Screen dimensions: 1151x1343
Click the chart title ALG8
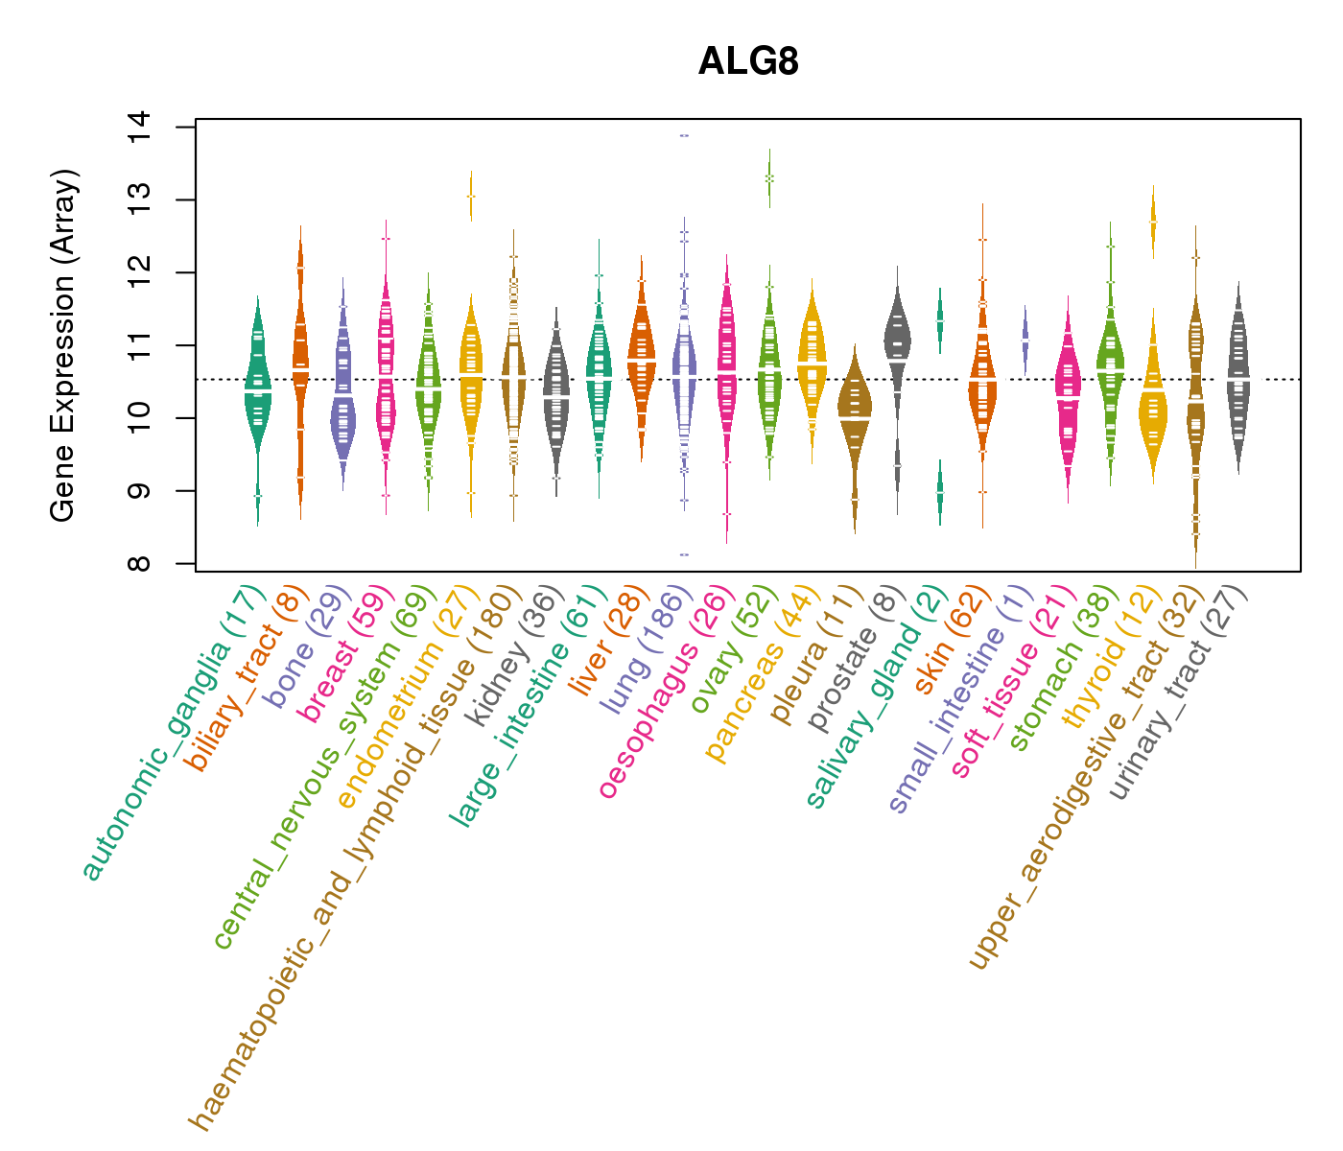pos(748,61)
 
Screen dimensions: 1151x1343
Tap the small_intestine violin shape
pos(1025,341)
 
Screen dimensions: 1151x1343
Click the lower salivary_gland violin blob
pos(940,491)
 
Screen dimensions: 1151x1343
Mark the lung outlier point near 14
pos(684,135)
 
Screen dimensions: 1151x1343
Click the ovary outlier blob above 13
pos(769,178)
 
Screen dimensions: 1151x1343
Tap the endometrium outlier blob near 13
pos(471,196)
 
